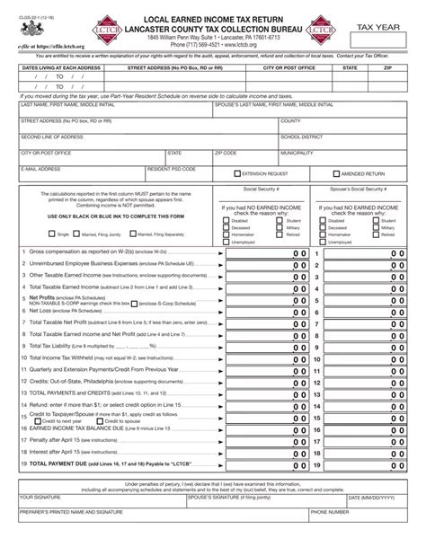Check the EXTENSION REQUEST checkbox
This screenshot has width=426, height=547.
[x=237, y=172]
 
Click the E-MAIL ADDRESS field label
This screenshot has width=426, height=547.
[x=41, y=168]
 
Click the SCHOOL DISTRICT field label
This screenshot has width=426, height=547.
[x=301, y=137]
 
